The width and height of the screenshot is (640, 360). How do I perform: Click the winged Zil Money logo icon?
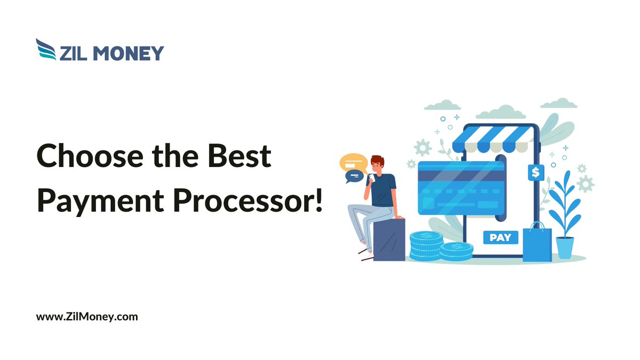pyautogui.click(x=46, y=49)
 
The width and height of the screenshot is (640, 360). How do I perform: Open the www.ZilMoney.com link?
pyautogui.click(x=87, y=316)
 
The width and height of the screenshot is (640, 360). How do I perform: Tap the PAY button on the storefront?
pyautogui.click(x=500, y=237)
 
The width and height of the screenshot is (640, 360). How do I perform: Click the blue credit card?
pyautogui.click(x=461, y=188)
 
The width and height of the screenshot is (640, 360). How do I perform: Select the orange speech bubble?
pyautogui.click(x=354, y=161)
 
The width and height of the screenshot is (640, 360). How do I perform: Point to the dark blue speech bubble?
pyautogui.click(x=353, y=175)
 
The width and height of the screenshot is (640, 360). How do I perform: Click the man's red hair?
pyautogui.click(x=378, y=159)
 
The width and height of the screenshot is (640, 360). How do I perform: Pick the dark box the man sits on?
pyautogui.click(x=389, y=239)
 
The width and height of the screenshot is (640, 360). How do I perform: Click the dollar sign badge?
pyautogui.click(x=535, y=172)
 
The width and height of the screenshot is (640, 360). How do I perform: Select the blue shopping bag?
pyautogui.click(x=537, y=244)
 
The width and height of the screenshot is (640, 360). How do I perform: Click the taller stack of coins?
pyautogui.click(x=426, y=246)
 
